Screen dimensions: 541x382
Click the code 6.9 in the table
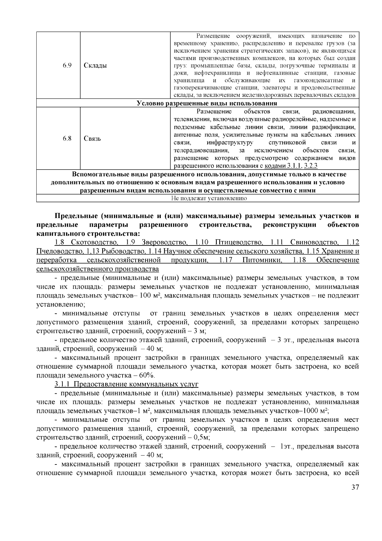pos(67,66)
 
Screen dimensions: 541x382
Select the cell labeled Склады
pos(95,66)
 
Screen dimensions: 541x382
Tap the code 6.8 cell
pos(67,138)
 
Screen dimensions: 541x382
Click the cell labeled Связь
pos(92,139)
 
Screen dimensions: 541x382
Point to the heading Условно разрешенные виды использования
pos(207,103)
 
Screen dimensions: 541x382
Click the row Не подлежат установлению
pos(209,198)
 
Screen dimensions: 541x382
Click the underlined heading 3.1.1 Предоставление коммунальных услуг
pos(126,384)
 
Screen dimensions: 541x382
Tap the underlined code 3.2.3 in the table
pos(311,166)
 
